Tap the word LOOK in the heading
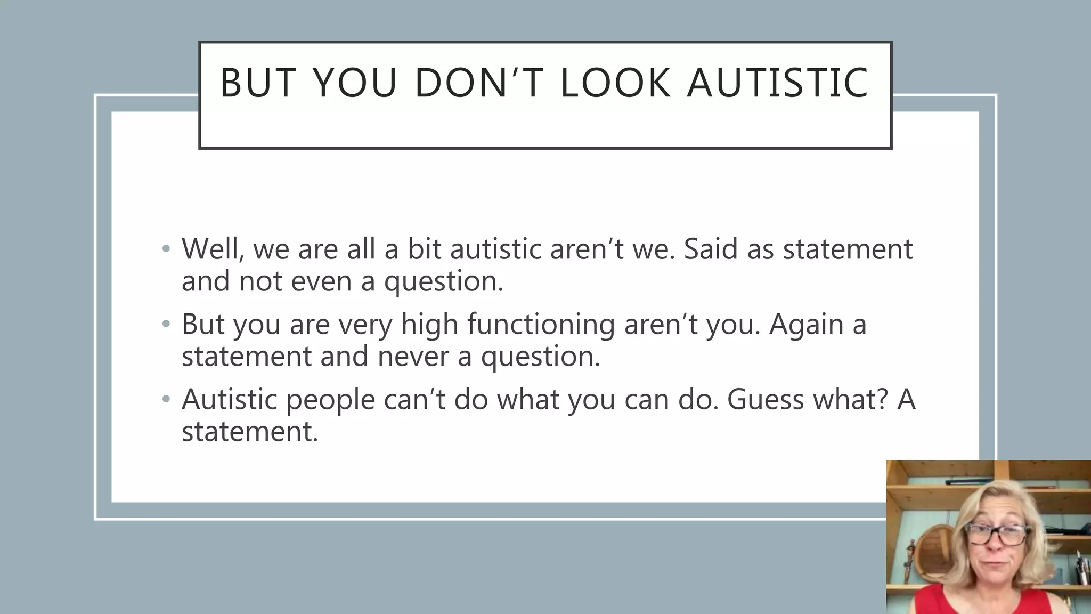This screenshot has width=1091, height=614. pyautogui.click(x=615, y=83)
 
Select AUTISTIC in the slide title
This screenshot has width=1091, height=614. pyautogui.click(x=778, y=83)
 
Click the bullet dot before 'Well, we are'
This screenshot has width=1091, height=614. pyautogui.click(x=166, y=249)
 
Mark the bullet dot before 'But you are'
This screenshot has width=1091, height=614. pyautogui.click(x=166, y=324)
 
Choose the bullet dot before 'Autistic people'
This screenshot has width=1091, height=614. pyautogui.click(x=166, y=399)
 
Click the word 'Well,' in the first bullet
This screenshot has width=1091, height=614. pyautogui.click(x=213, y=249)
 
